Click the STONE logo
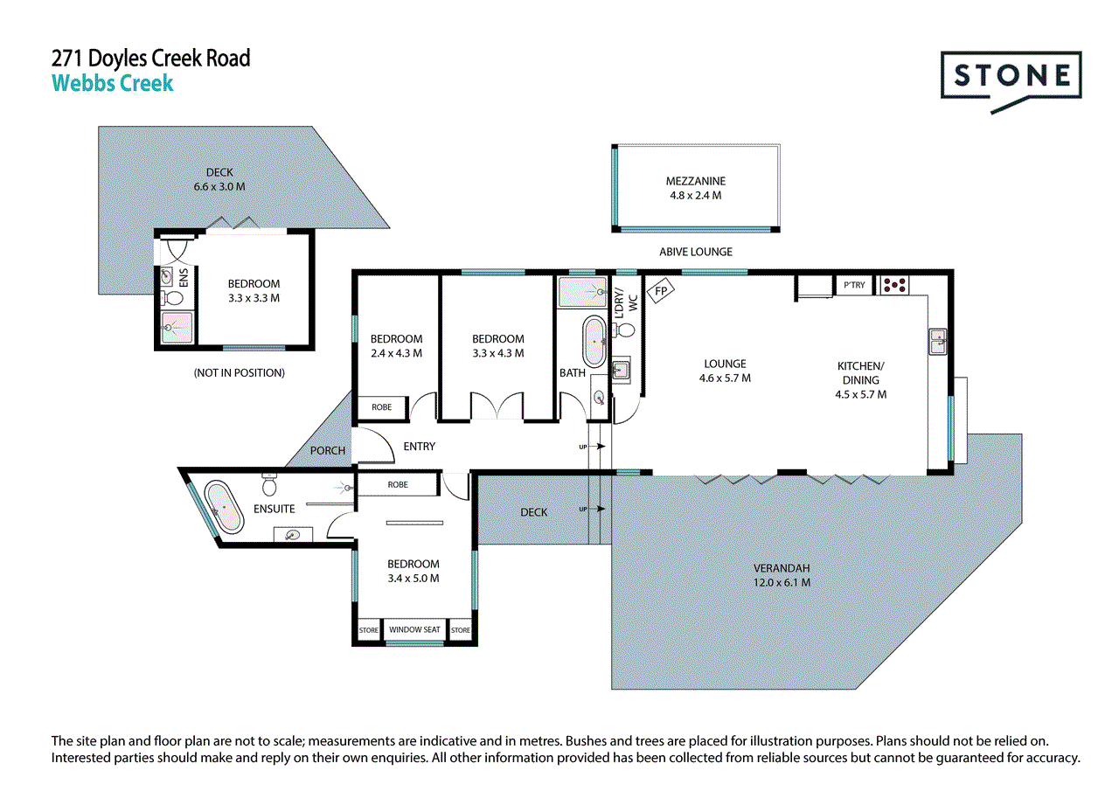click(x=1011, y=77)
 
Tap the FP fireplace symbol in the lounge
click(x=658, y=288)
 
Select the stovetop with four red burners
click(x=894, y=284)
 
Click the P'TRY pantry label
click(x=852, y=285)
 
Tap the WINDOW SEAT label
click(x=414, y=629)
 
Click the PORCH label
click(x=328, y=451)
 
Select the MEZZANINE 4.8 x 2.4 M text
click(x=695, y=189)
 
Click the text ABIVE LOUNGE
click(x=696, y=252)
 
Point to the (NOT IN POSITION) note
click(x=239, y=373)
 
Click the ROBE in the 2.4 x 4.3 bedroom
click(x=382, y=407)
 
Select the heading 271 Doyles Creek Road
click(x=151, y=59)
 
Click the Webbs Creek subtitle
click(x=113, y=84)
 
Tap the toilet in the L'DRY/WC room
click(x=625, y=330)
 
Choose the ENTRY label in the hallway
click(x=420, y=447)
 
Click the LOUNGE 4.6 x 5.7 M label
click(x=725, y=371)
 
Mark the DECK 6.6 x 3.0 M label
click(x=219, y=179)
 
